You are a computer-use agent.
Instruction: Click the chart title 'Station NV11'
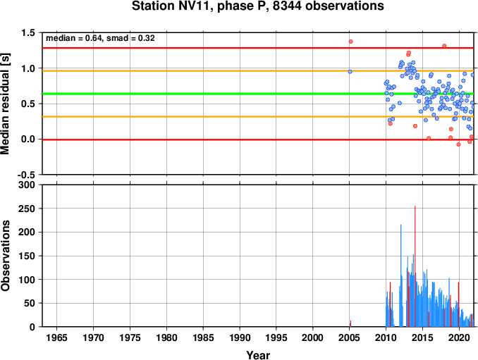[172, 6]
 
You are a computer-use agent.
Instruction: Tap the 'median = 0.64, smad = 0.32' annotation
[100, 38]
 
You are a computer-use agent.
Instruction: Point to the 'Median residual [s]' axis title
[5, 104]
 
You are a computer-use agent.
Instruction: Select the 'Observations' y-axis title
[5, 255]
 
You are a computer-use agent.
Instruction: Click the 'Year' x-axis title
[258, 355]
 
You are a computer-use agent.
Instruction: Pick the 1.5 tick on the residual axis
[27, 32]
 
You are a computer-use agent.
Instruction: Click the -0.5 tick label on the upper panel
[26, 175]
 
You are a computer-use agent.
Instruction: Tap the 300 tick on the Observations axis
[27, 185]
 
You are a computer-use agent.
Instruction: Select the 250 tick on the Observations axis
[27, 209]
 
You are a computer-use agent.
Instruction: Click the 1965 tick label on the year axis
[56, 337]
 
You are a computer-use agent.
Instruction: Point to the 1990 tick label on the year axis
[240, 337]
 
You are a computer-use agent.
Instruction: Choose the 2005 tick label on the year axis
[350, 337]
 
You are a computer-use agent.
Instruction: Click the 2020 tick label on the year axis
[459, 337]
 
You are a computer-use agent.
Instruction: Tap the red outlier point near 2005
[350, 42]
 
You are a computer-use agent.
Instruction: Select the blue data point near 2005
[350, 72]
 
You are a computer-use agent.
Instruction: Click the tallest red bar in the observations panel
[415, 266]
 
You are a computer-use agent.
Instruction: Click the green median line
[258, 94]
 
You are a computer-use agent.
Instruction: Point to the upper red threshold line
[258, 48]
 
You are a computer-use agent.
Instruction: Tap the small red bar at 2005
[350, 324]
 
